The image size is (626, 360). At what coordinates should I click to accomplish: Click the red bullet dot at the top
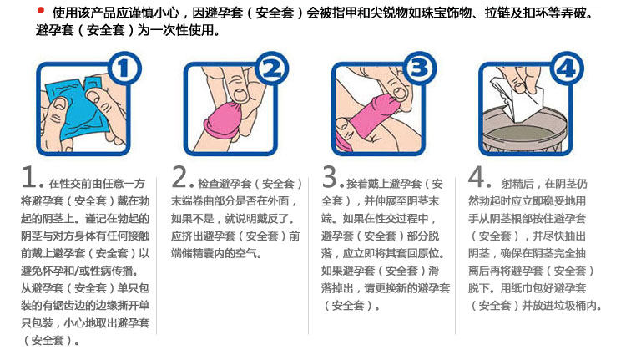[x=40, y=10]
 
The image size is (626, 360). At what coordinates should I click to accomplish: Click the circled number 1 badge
[x=124, y=68]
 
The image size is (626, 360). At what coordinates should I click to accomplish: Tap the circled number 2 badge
[x=271, y=68]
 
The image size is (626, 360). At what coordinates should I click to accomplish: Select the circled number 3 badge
[x=419, y=68]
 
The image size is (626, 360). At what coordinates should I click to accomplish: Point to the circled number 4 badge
[x=567, y=68]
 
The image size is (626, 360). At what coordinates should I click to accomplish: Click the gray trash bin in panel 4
[x=525, y=132]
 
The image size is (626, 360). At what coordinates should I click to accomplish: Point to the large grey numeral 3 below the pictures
[x=331, y=177]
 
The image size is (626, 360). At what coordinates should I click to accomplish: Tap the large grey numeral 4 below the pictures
[x=477, y=177]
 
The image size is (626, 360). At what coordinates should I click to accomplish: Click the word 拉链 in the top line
[x=497, y=13]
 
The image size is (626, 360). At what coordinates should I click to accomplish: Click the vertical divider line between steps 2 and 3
[x=308, y=256]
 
